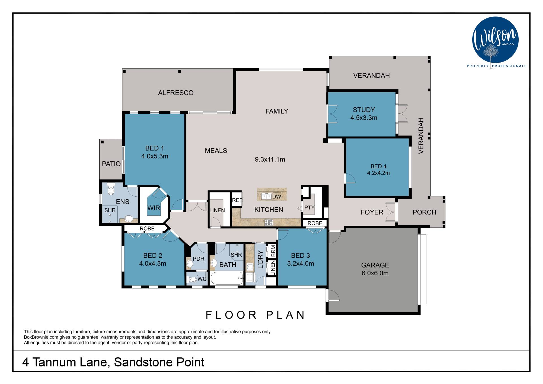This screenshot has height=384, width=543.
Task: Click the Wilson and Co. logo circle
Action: (495, 40)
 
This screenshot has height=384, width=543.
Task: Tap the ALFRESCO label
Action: (176, 93)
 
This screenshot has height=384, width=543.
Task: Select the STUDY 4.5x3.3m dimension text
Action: (364, 118)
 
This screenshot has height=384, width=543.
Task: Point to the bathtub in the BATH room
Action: (227, 278)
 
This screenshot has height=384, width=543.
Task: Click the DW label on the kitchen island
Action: (277, 197)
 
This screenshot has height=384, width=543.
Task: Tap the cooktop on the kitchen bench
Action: (269, 222)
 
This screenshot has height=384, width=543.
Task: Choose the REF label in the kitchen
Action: (237, 200)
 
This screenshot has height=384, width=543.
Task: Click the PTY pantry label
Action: (309, 208)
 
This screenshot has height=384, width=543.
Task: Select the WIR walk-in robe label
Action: (154, 208)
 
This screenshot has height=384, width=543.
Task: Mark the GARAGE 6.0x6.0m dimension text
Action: (375, 273)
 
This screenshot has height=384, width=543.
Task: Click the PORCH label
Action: (424, 212)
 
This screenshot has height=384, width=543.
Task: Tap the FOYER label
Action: (372, 212)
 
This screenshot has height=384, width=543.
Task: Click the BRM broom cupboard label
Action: (273, 251)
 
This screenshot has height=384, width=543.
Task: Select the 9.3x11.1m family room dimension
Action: (270, 159)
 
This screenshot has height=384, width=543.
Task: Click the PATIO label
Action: (111, 164)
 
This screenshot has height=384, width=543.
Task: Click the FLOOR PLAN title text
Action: (255, 315)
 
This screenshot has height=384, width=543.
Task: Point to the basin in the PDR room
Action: (190, 264)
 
